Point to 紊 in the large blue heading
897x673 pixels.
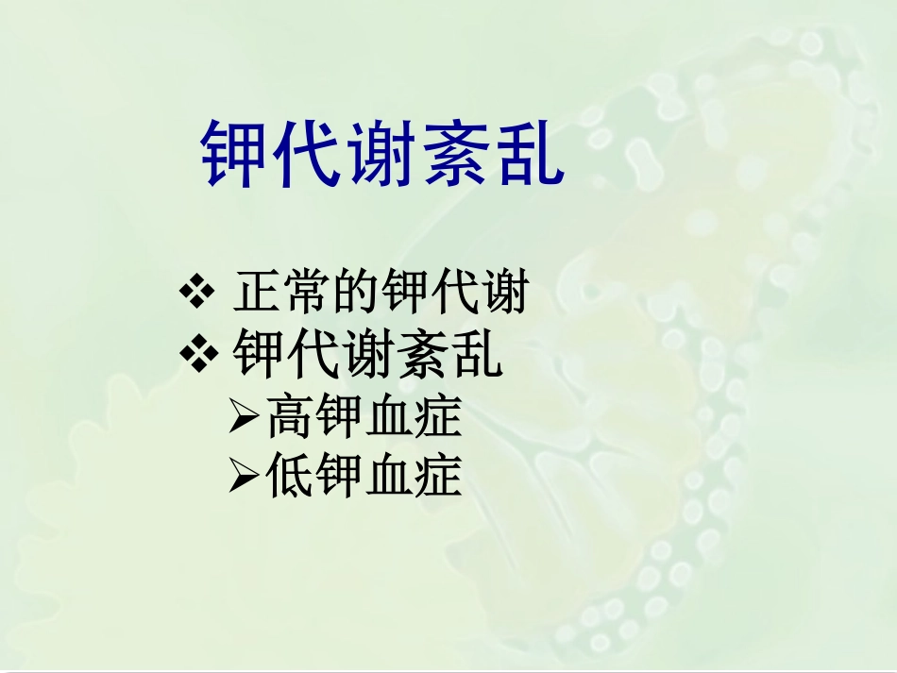click(455, 154)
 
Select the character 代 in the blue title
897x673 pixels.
click(309, 154)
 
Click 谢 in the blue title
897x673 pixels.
click(381, 154)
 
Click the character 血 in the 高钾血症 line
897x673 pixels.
click(389, 416)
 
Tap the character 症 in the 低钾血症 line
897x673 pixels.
click(438, 477)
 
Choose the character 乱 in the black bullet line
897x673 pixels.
click(476, 356)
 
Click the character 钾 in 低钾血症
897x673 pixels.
click(340, 477)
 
